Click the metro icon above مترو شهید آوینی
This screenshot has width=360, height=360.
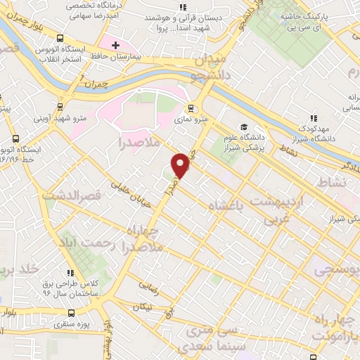click(x=59, y=106)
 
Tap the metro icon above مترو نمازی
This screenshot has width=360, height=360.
click(x=190, y=108)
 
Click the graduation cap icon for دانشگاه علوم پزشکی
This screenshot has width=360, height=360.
click(x=244, y=127)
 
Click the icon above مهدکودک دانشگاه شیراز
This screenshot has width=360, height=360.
click(x=314, y=120)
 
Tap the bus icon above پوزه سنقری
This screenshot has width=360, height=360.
click(x=70, y=314)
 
